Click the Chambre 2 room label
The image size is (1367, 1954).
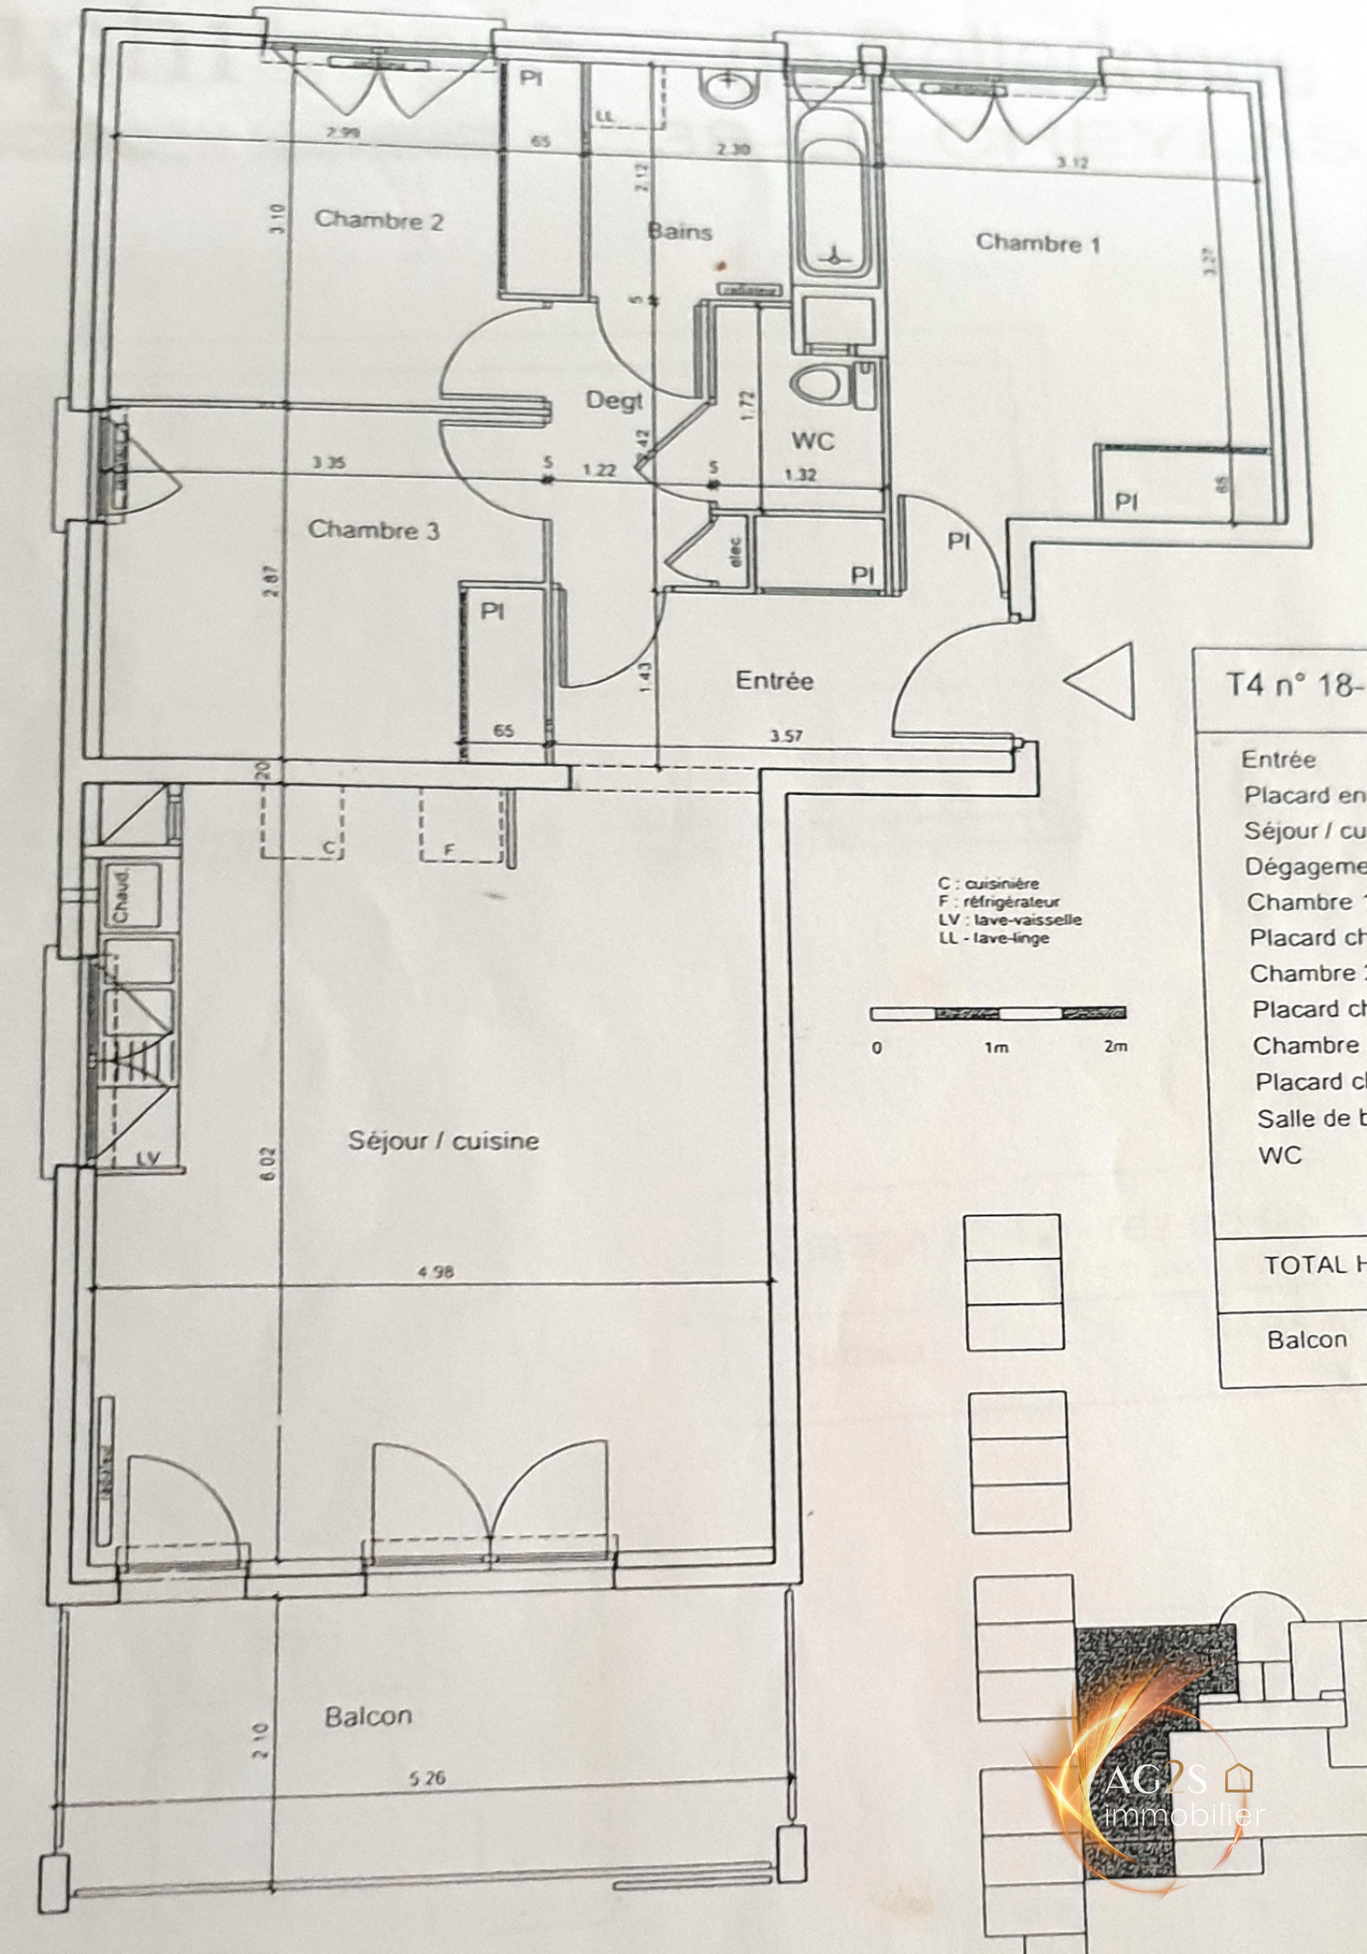coord(378,220)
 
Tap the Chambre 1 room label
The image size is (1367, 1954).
coord(1037,243)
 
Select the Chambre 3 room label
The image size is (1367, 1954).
coord(373,529)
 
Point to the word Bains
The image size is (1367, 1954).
coord(679,231)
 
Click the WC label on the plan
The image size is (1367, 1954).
coord(813,441)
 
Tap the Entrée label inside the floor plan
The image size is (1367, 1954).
coord(774,681)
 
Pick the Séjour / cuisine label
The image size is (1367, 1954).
coord(443,1141)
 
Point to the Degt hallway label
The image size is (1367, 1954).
coord(613,400)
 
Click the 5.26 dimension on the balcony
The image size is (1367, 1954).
coord(426,1778)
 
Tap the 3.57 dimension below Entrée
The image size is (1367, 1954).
coord(786,735)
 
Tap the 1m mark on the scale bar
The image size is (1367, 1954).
coord(996,1047)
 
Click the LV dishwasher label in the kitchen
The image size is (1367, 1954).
coord(148,1159)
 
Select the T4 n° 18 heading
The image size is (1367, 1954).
coord(1290,685)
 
